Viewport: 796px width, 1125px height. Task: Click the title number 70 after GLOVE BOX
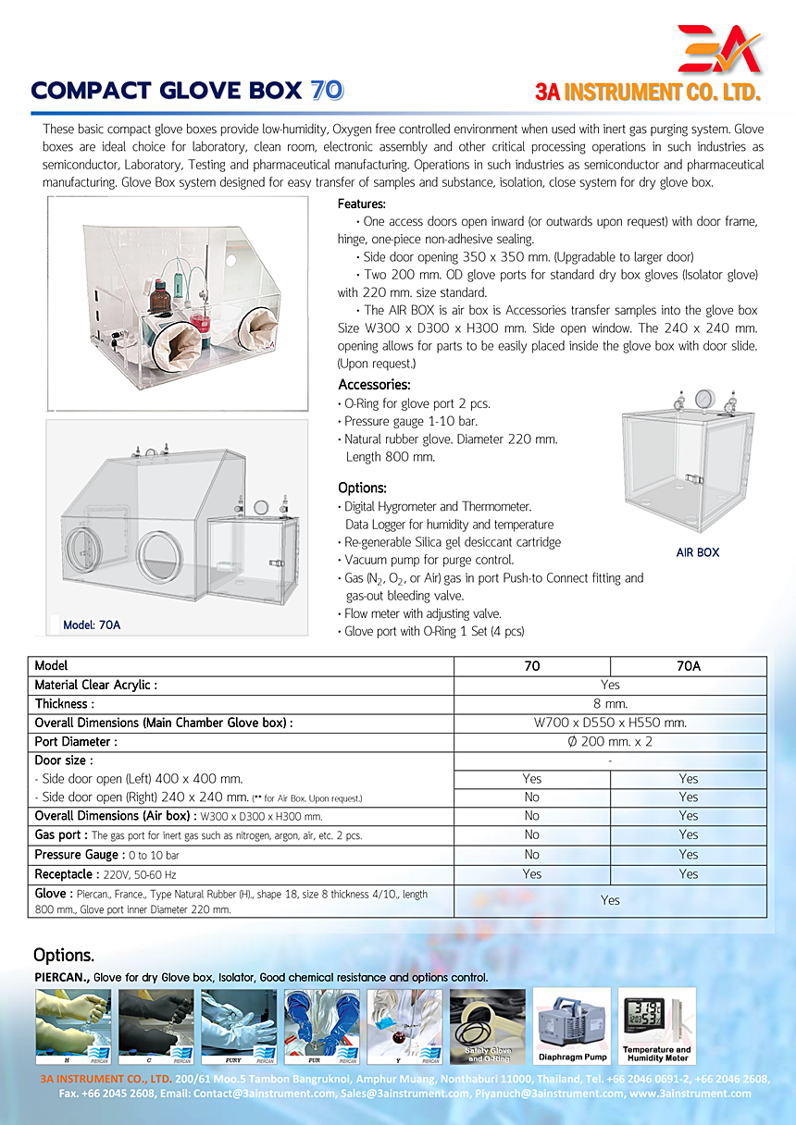[327, 91]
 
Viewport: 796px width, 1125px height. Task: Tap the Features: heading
[362, 204]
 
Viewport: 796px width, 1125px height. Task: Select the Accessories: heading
[374, 385]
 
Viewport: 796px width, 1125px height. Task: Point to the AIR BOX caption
[697, 552]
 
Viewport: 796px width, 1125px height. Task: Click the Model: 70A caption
[92, 624]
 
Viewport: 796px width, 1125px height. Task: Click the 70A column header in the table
[688, 666]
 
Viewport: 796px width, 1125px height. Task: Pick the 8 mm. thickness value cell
[610, 704]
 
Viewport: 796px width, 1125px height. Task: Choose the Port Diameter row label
[76, 742]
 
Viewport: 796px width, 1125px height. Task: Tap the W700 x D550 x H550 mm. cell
[610, 723]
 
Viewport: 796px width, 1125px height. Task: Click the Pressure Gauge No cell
[531, 855]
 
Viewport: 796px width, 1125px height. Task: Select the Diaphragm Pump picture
[574, 1025]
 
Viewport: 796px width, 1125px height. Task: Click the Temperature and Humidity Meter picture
[656, 1025]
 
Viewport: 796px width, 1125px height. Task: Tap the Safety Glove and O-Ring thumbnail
[488, 1025]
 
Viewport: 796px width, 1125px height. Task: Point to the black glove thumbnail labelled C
[155, 1025]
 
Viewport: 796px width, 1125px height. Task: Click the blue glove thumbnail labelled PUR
[321, 1025]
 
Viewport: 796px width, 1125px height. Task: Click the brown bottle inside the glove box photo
[159, 298]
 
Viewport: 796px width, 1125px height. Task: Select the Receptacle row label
[63, 874]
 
